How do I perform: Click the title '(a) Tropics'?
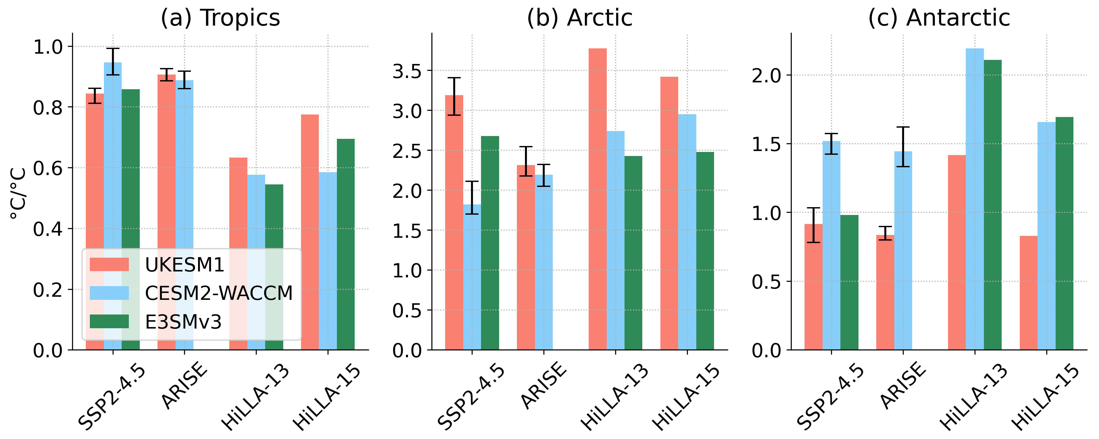point(220,18)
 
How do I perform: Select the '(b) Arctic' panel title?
point(579,18)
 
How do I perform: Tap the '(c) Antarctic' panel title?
point(939,18)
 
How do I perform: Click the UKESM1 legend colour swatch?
point(109,265)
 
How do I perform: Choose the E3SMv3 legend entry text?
point(183,322)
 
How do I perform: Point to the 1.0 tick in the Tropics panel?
point(47,46)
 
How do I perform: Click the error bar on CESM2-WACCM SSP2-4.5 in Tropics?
point(113,61)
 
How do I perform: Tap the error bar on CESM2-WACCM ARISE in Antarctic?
point(903,146)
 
